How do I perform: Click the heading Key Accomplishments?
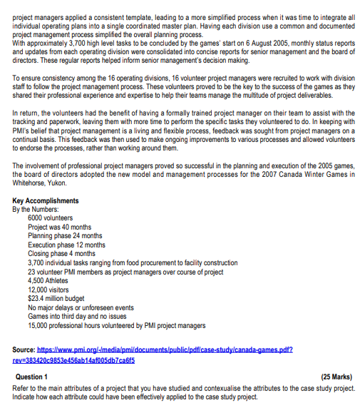coord(46,201)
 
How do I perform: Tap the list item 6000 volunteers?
coord(50,218)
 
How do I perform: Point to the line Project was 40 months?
coord(61,227)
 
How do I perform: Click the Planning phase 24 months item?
coord(65,235)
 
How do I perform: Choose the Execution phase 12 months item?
coord(66,245)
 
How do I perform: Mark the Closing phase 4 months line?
coord(61,253)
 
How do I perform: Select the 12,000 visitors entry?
coord(48,289)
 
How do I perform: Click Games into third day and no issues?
coord(79,316)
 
